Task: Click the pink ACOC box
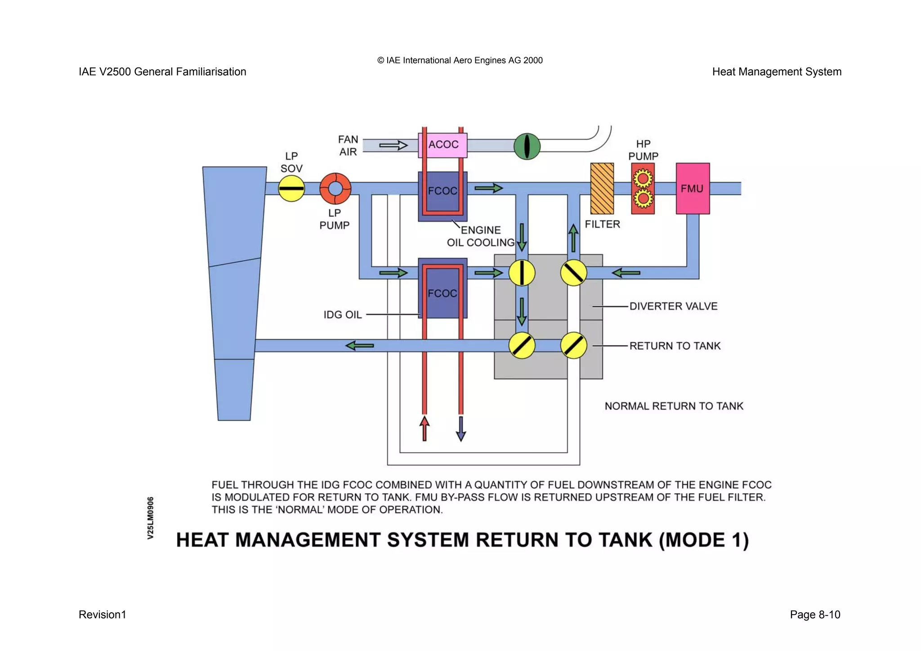tap(443, 145)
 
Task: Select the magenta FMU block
tap(693, 189)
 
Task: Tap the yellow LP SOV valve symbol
tap(291, 188)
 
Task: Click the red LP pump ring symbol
tap(335, 188)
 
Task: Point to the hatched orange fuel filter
tap(602, 189)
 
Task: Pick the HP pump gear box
tap(643, 189)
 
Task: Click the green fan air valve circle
tap(527, 146)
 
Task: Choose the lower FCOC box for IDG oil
tap(443, 288)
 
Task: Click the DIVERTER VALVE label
tap(673, 306)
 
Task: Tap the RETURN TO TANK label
tap(675, 346)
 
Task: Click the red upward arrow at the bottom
tap(424, 428)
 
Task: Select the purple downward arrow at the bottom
tap(461, 429)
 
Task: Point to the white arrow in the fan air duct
tap(393, 145)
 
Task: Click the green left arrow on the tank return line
tap(359, 346)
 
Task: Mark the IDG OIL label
tap(342, 315)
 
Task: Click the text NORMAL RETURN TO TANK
tap(674, 406)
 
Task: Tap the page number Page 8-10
tap(814, 615)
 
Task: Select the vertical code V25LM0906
tap(151, 518)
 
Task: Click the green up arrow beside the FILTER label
tap(573, 238)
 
